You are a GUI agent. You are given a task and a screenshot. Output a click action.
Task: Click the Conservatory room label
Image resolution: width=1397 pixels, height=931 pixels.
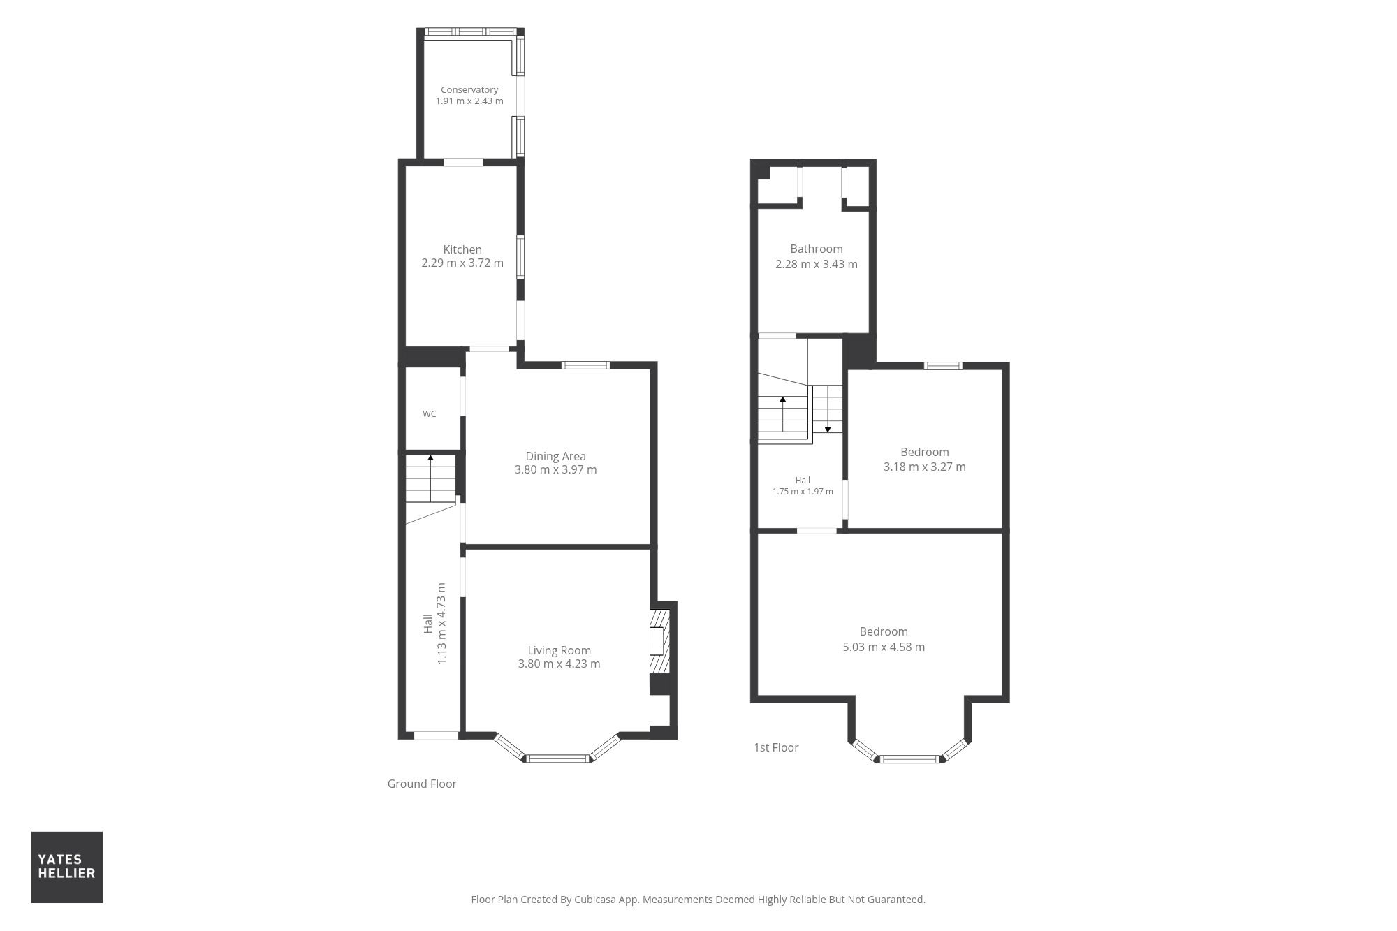pyautogui.click(x=469, y=89)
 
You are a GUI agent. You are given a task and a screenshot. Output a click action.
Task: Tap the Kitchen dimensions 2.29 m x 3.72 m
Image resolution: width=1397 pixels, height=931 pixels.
pyautogui.click(x=462, y=263)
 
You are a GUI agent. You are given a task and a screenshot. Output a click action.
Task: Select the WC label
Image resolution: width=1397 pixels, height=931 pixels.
pyautogui.click(x=429, y=414)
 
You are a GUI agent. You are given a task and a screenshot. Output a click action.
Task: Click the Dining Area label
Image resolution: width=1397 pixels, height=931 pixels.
pyautogui.click(x=555, y=456)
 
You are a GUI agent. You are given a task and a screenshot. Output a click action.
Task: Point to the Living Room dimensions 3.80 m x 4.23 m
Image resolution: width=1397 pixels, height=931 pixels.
pyautogui.click(x=559, y=664)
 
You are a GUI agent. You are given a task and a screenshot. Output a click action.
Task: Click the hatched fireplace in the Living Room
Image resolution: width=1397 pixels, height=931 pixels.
pyautogui.click(x=659, y=641)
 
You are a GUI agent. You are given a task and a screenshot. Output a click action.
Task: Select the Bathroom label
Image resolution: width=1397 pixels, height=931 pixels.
pyautogui.click(x=817, y=249)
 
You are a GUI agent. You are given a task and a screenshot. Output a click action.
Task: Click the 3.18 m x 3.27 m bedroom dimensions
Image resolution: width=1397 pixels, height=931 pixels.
pyautogui.click(x=925, y=467)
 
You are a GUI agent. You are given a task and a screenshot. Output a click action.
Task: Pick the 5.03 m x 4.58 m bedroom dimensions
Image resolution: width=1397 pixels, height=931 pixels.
pyautogui.click(x=884, y=647)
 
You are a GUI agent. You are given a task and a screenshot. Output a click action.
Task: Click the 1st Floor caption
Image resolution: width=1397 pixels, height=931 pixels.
pyautogui.click(x=776, y=747)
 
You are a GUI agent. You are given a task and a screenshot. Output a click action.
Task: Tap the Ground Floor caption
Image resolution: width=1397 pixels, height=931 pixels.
pyautogui.click(x=422, y=784)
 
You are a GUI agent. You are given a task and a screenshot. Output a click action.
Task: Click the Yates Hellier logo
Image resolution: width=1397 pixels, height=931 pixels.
pyautogui.click(x=67, y=867)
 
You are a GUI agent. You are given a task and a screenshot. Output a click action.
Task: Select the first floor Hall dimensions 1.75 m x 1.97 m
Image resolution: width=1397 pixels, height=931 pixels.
pyautogui.click(x=803, y=492)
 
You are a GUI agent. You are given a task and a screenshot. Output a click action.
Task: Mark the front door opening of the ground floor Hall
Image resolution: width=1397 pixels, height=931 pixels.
pyautogui.click(x=437, y=735)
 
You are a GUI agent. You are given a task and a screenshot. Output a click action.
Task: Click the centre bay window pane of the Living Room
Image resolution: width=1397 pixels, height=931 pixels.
pyautogui.click(x=557, y=758)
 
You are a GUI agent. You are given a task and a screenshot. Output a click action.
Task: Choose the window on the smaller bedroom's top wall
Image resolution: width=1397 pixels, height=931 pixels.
pyautogui.click(x=943, y=365)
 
